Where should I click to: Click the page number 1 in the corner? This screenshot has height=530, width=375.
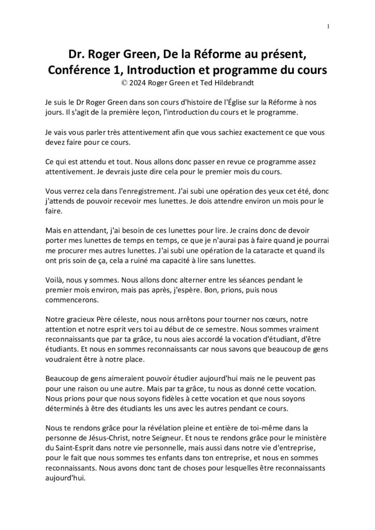point(328,27)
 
